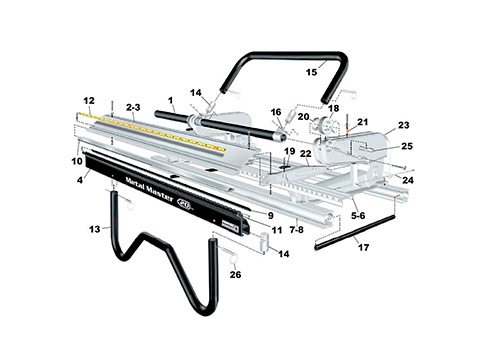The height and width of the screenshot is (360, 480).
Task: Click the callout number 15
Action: coord(312,72)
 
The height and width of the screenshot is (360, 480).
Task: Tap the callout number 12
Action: coord(89,100)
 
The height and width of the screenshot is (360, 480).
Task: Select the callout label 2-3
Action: coord(133,107)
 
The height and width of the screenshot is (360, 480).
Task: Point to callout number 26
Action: coord(235,275)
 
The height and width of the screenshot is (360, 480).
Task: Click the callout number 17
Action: coord(364,248)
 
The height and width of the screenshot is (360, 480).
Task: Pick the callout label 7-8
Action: coord(296,230)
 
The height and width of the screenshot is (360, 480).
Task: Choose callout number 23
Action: coord(404,125)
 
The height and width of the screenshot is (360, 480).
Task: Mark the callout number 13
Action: coord(95,229)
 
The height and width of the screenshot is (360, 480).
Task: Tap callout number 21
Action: coord(363,122)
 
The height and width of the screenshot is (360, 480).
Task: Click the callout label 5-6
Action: coord(358,216)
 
